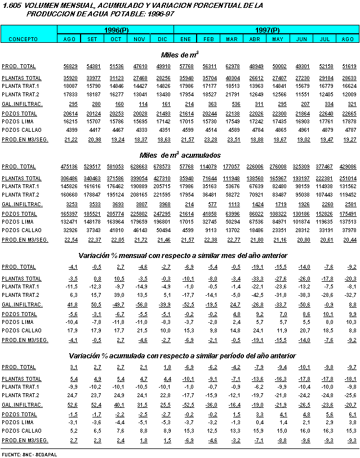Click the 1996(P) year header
pyautogui.click(x=117, y=29)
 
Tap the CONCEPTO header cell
pyautogui.click(x=23, y=39)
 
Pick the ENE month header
pyautogui.click(x=186, y=39)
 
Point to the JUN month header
pyautogui.click(x=301, y=39)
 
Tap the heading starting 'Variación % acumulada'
pyautogui.click(x=181, y=356)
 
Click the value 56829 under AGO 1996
pyautogui.click(x=70, y=66)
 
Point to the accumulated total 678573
pyautogui.click(x=162, y=167)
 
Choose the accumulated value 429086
pyautogui.click(x=348, y=167)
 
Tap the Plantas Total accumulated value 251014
pyautogui.click(x=348, y=178)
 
